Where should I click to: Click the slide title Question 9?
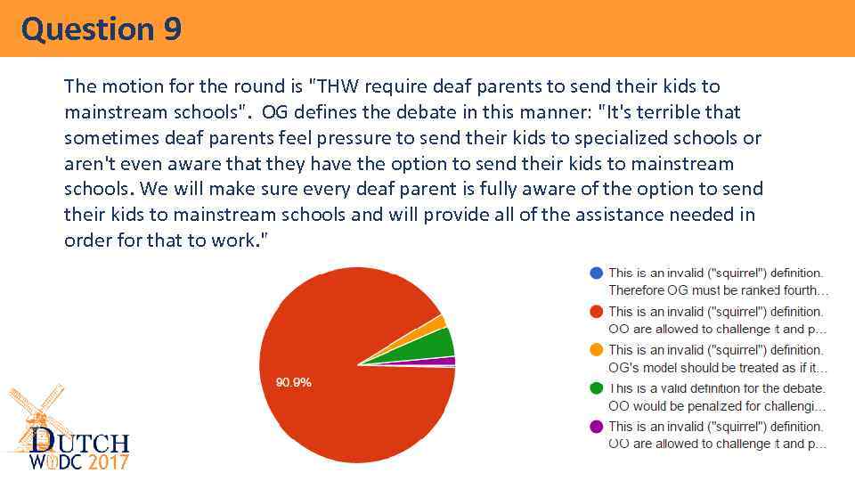point(102,29)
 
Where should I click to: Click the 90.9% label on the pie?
point(293,382)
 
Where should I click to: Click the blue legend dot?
point(596,273)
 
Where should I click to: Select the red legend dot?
point(596,311)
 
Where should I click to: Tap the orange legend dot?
point(596,349)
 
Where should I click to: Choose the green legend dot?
point(596,387)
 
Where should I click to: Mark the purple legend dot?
point(596,426)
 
